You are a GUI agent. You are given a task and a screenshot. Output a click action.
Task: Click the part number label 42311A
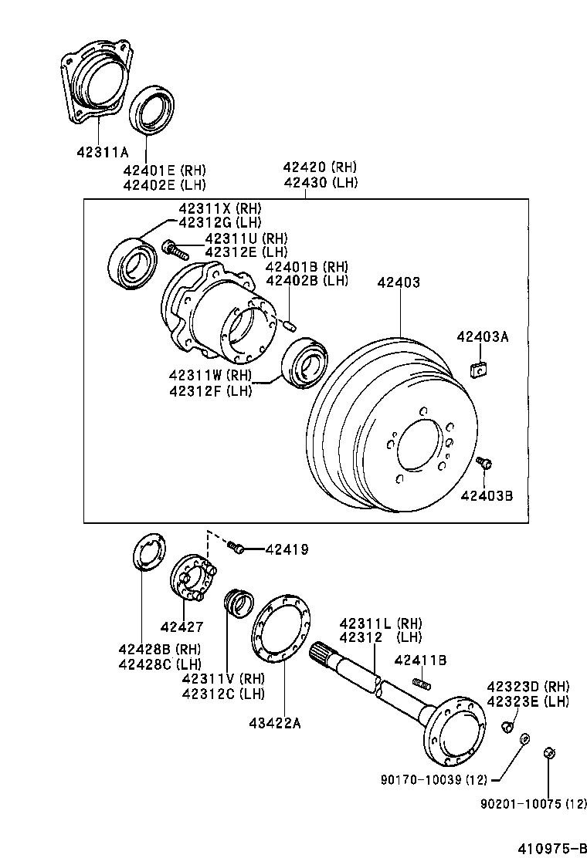(x=103, y=152)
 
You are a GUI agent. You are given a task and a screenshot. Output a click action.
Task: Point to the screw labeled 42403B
(x=484, y=463)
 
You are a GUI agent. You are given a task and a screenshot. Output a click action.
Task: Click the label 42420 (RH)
(x=319, y=167)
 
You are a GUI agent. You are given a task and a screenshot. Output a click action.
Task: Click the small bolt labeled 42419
(x=238, y=549)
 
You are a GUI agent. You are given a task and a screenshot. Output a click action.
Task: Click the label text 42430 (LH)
(x=319, y=182)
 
